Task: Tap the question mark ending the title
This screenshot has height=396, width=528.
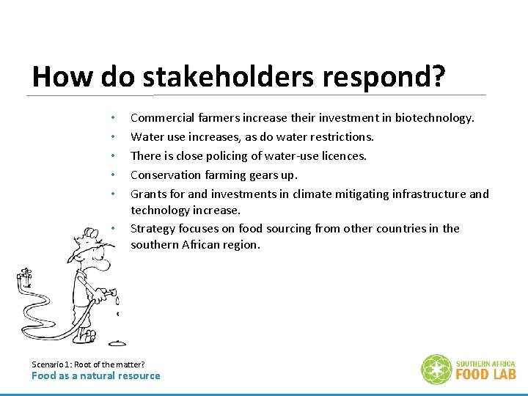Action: [439, 76]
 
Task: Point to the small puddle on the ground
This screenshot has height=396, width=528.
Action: [117, 342]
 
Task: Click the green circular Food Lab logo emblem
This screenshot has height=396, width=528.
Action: [436, 369]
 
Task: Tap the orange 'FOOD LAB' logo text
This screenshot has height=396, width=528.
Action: [485, 374]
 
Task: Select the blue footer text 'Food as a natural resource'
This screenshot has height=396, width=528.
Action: [95, 375]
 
